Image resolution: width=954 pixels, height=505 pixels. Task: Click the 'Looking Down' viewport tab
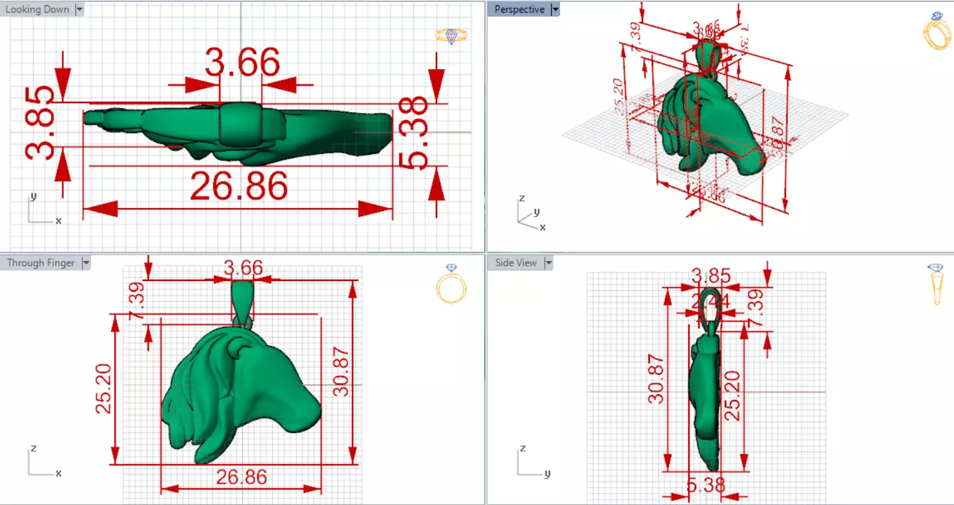pyautogui.click(x=37, y=10)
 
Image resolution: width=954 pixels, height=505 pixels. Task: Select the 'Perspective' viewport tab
pyautogui.click(x=520, y=10)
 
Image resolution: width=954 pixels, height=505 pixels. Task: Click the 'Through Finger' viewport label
pyautogui.click(x=41, y=263)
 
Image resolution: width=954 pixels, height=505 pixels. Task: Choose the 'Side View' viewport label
pyautogui.click(x=516, y=263)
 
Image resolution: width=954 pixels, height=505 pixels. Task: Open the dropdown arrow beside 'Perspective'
pyautogui.click(x=555, y=10)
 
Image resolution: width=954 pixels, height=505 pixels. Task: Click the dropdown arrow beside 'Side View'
pyautogui.click(x=549, y=263)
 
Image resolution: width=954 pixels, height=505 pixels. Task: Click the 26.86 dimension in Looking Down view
pyautogui.click(x=238, y=186)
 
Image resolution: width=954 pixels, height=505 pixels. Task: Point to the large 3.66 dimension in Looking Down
pyautogui.click(x=242, y=63)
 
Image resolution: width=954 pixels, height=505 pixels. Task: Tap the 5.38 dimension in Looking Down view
pyautogui.click(x=415, y=133)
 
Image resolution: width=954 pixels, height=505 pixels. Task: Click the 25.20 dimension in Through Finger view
pyautogui.click(x=104, y=388)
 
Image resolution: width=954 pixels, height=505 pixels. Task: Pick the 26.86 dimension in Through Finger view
pyautogui.click(x=241, y=477)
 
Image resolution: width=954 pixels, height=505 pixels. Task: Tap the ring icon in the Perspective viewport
pyautogui.click(x=937, y=31)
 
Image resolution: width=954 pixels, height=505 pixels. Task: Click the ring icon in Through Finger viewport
pyautogui.click(x=451, y=284)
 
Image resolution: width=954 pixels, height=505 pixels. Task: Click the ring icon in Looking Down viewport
pyautogui.click(x=452, y=36)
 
